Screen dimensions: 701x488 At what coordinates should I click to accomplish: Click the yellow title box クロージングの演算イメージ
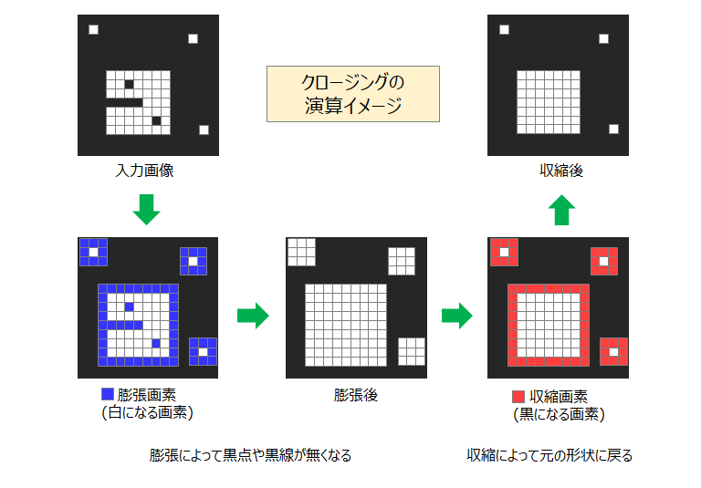[x=353, y=94]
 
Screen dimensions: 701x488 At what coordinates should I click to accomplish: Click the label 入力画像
[x=144, y=171]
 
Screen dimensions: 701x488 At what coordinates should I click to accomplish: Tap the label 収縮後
[x=561, y=171]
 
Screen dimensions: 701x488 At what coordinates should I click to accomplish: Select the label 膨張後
[x=356, y=395]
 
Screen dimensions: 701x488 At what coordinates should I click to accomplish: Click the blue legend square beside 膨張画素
[x=108, y=394]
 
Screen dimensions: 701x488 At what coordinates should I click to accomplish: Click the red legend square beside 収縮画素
[x=518, y=397]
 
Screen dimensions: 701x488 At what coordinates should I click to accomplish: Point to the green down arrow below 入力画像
[x=146, y=210]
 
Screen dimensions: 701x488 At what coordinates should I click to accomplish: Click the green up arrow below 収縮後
[x=561, y=210]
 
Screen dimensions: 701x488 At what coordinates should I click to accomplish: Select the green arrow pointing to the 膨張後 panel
[x=253, y=316]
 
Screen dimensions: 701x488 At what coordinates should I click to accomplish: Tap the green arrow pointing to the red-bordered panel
[x=457, y=316]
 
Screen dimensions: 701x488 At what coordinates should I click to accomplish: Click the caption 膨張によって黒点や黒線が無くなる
[x=250, y=455]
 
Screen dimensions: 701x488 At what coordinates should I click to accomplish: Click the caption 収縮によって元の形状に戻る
[x=549, y=455]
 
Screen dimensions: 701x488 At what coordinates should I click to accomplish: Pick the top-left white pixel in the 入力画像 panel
[x=93, y=29]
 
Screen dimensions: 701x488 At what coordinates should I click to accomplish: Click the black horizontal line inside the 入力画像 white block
[x=125, y=102]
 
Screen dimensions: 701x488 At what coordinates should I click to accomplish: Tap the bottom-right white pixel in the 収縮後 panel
[x=613, y=129]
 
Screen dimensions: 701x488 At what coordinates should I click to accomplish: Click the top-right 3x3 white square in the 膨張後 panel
[x=402, y=261]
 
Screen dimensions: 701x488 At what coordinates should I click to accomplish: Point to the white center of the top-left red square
[x=504, y=252]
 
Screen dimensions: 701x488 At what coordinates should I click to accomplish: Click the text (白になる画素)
[x=148, y=412]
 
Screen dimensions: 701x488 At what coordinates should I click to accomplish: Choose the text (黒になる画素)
[x=559, y=415]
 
